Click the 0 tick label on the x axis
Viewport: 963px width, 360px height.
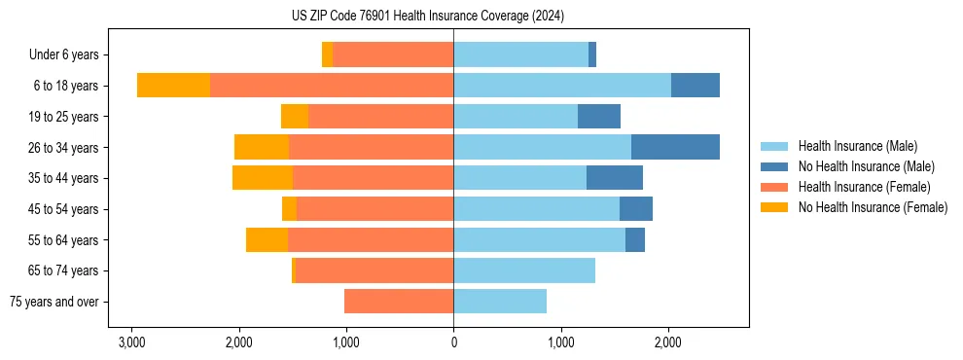453,342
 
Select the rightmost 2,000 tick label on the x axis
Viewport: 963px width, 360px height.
667,342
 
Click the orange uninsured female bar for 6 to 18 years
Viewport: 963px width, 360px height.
173,86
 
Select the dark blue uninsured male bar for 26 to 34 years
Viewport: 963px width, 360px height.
675,147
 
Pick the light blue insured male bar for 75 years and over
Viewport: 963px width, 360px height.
500,302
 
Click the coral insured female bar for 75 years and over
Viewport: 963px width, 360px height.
399,302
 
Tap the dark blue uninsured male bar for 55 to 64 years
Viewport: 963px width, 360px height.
635,239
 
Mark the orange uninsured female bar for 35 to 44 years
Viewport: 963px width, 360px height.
263,178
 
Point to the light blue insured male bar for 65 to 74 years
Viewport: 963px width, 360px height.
524,270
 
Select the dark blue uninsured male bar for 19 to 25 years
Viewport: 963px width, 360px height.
599,117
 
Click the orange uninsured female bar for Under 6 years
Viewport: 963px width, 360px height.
327,54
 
